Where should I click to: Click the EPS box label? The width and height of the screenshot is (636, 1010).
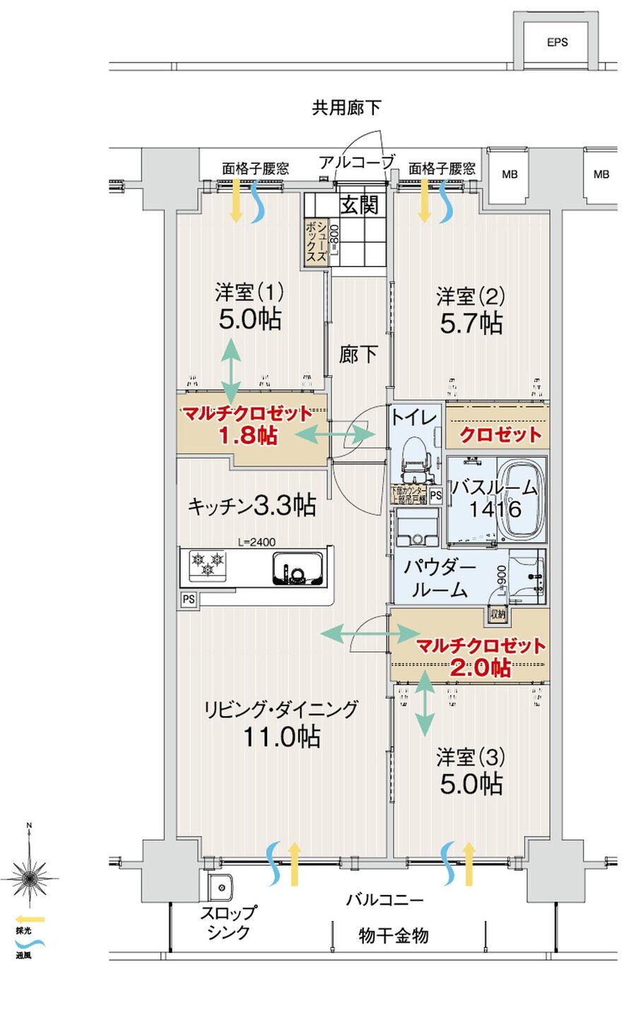[x=557, y=42]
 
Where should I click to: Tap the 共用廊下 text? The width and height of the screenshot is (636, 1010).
[x=346, y=108]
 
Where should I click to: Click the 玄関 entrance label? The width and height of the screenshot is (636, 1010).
[x=359, y=206]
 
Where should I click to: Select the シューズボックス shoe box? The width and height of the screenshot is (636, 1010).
[x=316, y=242]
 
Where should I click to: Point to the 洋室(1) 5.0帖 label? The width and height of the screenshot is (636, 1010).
[x=249, y=307]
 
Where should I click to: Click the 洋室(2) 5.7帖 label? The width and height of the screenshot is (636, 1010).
[x=471, y=310]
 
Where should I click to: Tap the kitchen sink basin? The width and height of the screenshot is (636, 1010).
[x=297, y=568]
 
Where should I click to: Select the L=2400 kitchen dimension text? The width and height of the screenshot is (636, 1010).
[x=257, y=542]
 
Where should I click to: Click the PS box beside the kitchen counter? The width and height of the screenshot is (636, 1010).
[x=188, y=599]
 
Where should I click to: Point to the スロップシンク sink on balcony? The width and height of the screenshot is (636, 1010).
[x=220, y=886]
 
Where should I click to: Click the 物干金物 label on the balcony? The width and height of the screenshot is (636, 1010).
[x=394, y=936]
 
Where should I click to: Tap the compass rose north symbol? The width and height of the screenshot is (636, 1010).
[x=29, y=876]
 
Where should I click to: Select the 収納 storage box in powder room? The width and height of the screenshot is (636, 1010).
[x=498, y=614]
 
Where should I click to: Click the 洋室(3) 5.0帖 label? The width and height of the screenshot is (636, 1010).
[x=471, y=771]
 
